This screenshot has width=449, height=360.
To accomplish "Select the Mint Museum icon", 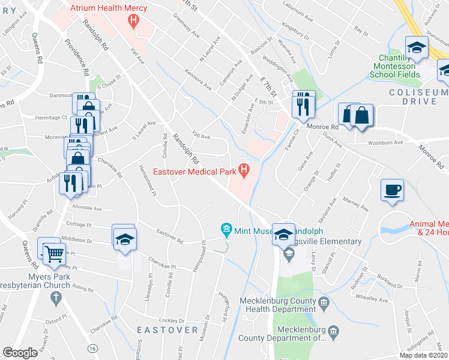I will coord(226,229).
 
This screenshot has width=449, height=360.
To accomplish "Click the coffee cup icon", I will coord(392,190).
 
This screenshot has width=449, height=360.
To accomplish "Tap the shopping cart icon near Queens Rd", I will coord(53,254).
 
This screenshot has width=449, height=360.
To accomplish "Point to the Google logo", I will coord(20,353).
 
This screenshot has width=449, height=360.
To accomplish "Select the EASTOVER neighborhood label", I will coord(167,330).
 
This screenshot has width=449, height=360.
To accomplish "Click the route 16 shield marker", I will coord(92,347).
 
